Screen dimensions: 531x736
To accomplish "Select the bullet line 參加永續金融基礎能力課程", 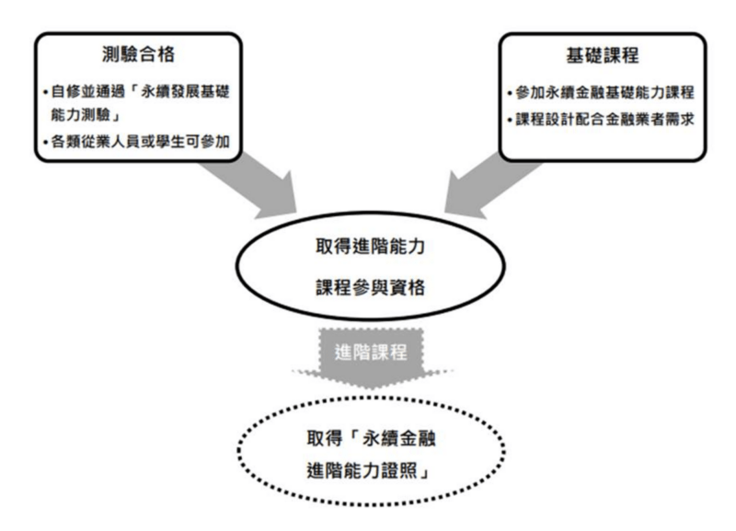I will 607,95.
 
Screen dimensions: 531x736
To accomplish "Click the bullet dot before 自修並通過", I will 47,95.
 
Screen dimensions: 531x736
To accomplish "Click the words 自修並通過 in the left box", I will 86,95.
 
